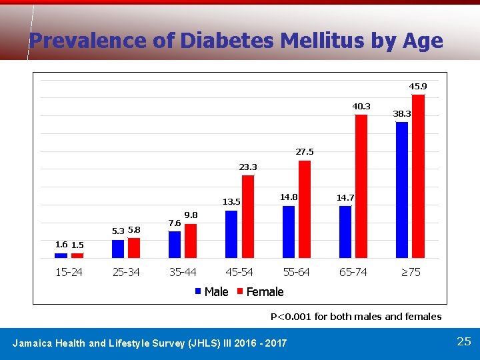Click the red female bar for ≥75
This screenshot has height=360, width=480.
[419, 176]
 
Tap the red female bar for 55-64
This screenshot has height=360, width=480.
[305, 209]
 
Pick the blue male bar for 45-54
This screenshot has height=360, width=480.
[231, 234]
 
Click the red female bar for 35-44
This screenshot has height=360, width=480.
[191, 241]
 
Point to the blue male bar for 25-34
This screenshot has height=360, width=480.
[118, 249]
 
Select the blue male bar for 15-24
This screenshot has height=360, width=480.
[61, 255]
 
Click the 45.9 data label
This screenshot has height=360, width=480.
[418, 87]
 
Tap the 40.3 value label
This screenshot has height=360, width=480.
[361, 106]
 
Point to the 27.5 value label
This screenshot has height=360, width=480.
[305, 152]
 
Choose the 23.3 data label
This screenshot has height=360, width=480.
[248, 167]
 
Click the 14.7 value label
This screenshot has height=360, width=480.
[345, 197]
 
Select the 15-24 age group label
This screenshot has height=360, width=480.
[69, 272]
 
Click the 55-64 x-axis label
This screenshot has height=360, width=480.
[297, 272]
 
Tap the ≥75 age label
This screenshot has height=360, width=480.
[410, 272]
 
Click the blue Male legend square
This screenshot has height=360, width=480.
[199, 291]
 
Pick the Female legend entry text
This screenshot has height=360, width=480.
[265, 291]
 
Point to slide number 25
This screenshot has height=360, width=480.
[464, 341]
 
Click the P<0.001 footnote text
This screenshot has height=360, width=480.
[355, 316]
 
